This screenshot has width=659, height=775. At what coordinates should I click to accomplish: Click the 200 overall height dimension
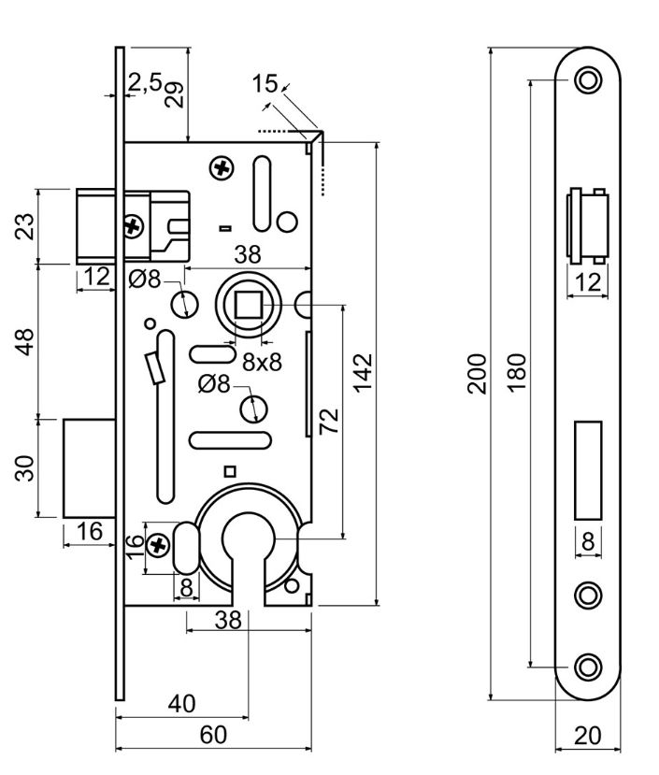click(478, 373)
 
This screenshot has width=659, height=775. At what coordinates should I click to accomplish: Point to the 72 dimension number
click(329, 421)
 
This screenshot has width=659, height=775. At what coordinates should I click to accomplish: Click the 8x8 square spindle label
click(262, 364)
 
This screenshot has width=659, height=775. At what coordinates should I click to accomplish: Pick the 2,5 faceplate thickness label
click(145, 82)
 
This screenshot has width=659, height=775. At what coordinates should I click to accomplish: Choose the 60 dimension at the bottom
click(213, 735)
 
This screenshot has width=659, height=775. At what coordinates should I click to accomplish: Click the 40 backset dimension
click(181, 703)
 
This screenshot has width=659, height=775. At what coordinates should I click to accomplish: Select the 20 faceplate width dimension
click(587, 735)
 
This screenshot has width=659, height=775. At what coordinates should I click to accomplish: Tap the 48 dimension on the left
click(26, 340)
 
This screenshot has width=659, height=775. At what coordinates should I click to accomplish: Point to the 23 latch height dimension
click(26, 226)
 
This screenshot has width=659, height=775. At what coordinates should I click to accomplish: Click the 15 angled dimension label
click(265, 84)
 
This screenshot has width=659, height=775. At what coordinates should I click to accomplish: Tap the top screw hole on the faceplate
click(587, 79)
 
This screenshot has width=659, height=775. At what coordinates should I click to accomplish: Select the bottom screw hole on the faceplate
click(587, 667)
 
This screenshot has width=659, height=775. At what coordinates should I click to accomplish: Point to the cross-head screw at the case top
click(222, 168)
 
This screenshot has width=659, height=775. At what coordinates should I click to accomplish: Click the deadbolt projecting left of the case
click(88, 466)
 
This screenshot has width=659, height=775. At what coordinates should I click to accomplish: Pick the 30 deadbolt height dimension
click(26, 466)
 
